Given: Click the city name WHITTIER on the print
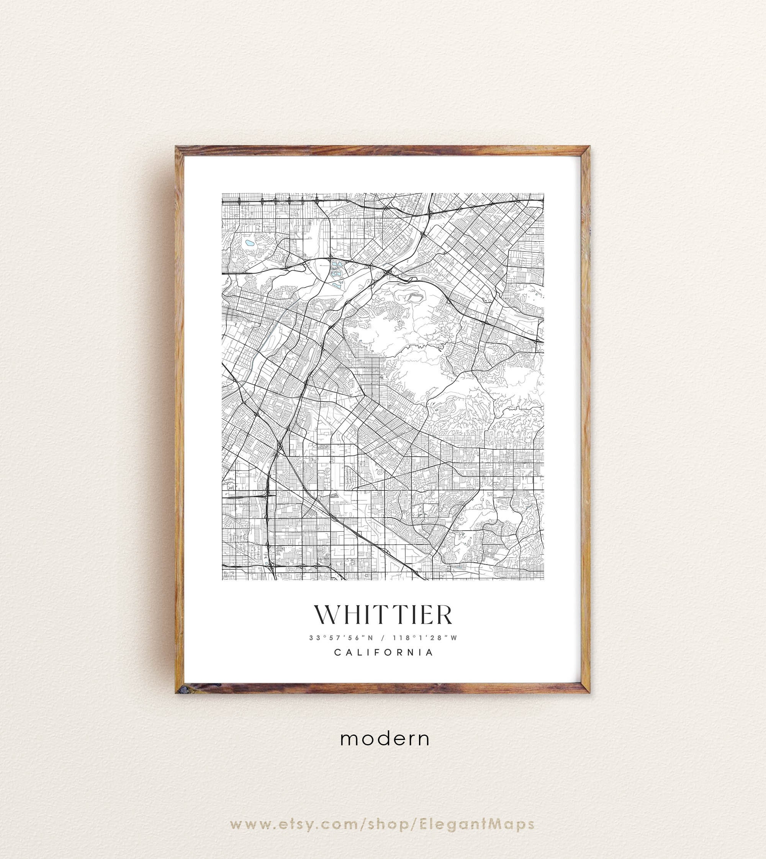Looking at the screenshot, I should click(383, 615).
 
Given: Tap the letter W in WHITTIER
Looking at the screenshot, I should click(328, 615).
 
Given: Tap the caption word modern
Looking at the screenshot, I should click(385, 739).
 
